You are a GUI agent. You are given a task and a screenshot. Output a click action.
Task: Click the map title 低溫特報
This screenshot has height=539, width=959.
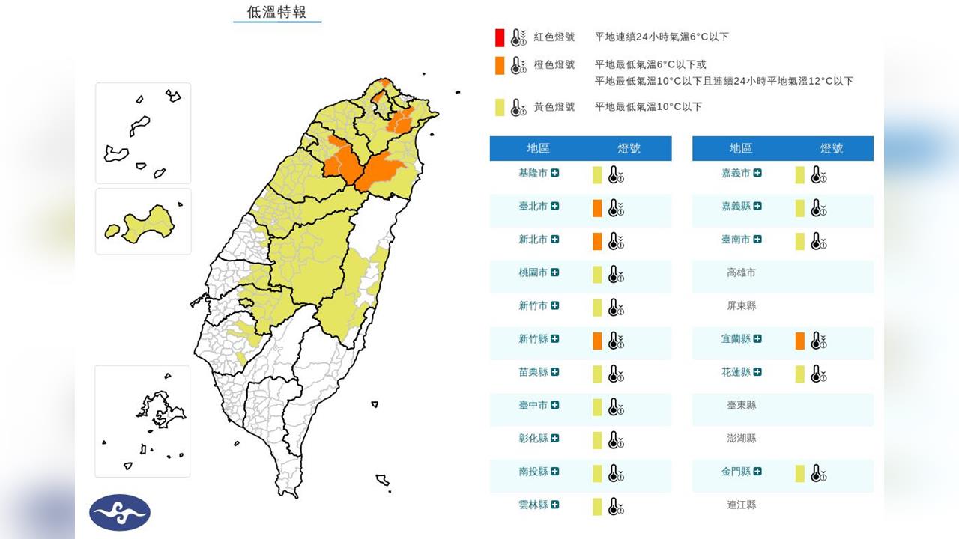pyautogui.click(x=276, y=12)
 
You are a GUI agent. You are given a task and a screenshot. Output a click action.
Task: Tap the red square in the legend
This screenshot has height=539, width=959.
pyautogui.click(x=500, y=37)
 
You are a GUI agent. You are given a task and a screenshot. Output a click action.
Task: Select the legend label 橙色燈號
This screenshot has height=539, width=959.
pyautogui.click(x=554, y=65)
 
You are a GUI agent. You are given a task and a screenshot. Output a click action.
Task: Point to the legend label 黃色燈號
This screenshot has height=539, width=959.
pyautogui.click(x=554, y=107)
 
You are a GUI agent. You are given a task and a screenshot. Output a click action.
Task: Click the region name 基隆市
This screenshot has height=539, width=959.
pyautogui.click(x=533, y=174)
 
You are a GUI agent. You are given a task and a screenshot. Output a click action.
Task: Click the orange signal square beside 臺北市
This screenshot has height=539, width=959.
pyautogui.click(x=597, y=207)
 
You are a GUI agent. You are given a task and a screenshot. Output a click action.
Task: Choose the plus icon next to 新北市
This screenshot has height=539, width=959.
pyautogui.click(x=554, y=240)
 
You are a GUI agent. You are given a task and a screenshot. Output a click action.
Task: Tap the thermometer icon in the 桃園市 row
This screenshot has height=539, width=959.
pyautogui.click(x=616, y=274)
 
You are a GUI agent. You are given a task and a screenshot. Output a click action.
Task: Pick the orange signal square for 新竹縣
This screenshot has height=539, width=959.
pyautogui.click(x=597, y=341)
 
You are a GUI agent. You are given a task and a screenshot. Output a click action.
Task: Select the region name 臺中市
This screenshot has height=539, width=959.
pyautogui.click(x=533, y=405)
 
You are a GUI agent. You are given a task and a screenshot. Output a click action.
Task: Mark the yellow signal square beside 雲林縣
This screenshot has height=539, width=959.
pyautogui.click(x=597, y=506)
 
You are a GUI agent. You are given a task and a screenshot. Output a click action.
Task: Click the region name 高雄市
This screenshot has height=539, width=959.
pyautogui.click(x=741, y=272)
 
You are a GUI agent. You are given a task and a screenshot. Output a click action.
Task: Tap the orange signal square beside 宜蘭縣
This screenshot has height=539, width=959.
pyautogui.click(x=800, y=341)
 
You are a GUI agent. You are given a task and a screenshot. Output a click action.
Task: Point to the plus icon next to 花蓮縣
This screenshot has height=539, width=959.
pyautogui.click(x=757, y=372)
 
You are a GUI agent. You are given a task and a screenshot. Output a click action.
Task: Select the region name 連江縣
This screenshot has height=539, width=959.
pyautogui.click(x=741, y=505)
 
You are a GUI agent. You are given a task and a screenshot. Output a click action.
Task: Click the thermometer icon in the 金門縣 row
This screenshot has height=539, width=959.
pyautogui.click(x=818, y=473)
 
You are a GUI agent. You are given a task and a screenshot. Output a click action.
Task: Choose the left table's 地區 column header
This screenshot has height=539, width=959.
pyautogui.click(x=538, y=148)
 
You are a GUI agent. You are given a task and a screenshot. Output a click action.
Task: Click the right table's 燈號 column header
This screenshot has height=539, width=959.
pyautogui.click(x=832, y=148)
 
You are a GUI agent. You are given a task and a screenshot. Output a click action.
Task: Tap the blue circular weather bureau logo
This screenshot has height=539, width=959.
pyautogui.click(x=120, y=512)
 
